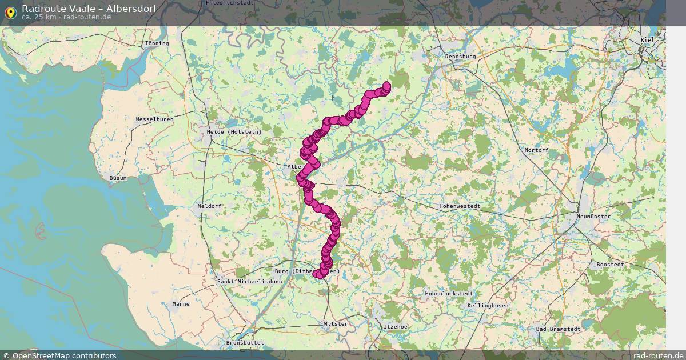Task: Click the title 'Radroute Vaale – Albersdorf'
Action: coord(89,8)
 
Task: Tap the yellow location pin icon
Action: coord(10,11)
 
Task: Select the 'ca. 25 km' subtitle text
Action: coord(39,17)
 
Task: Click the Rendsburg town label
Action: coord(460,57)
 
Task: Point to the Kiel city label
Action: coord(648,40)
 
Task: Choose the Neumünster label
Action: coord(593,217)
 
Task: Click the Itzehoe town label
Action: coord(395,326)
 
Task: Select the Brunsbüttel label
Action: coord(244,342)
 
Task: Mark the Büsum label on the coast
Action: coord(118,178)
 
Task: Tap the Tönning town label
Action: coord(157,43)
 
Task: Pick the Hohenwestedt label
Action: coord(460,206)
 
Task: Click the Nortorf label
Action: coord(536,150)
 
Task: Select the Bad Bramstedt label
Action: coord(558,329)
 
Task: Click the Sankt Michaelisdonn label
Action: coord(250,282)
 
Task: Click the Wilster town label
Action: coord(336,324)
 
